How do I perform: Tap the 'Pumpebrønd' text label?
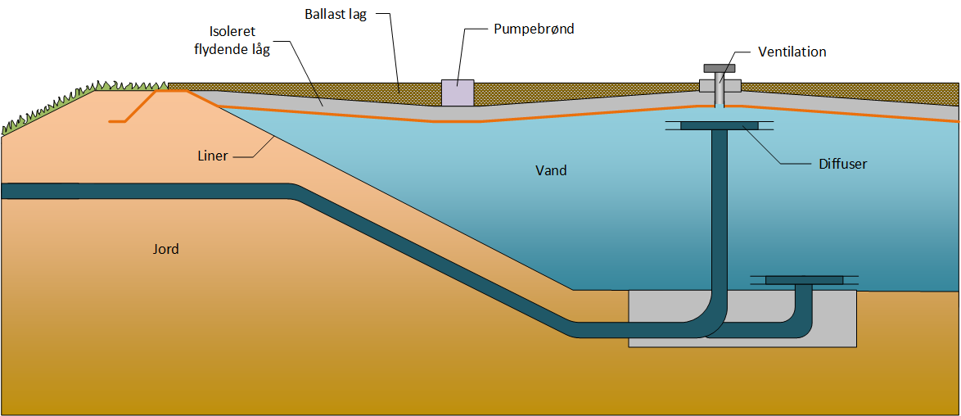534,28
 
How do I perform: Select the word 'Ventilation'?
792,52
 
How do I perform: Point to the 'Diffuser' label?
842,164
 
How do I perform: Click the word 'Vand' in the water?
551,170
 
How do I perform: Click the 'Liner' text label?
214,156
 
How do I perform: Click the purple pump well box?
458,92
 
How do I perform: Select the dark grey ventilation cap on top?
720,67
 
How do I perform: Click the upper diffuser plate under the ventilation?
720,126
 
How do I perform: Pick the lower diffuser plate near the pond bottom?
804,280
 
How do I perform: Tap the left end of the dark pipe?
2,191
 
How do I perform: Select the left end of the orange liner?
109,121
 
